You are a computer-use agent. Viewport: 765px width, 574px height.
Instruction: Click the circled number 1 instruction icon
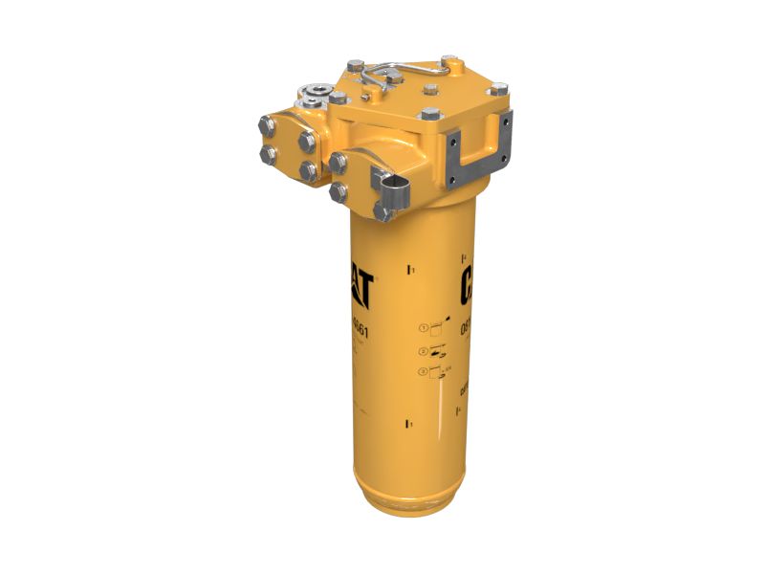coord(424,328)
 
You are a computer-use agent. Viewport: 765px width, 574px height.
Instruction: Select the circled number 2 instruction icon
coord(424,351)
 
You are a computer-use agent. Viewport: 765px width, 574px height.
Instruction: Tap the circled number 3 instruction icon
coord(424,371)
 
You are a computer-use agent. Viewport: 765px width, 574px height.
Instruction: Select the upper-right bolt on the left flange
coord(307,142)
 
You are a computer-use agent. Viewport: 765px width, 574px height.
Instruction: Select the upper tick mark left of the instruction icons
coord(410,272)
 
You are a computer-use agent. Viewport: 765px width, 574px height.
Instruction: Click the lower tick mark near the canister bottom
coord(410,421)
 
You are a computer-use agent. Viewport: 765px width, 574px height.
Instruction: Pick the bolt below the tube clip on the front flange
coord(383,213)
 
